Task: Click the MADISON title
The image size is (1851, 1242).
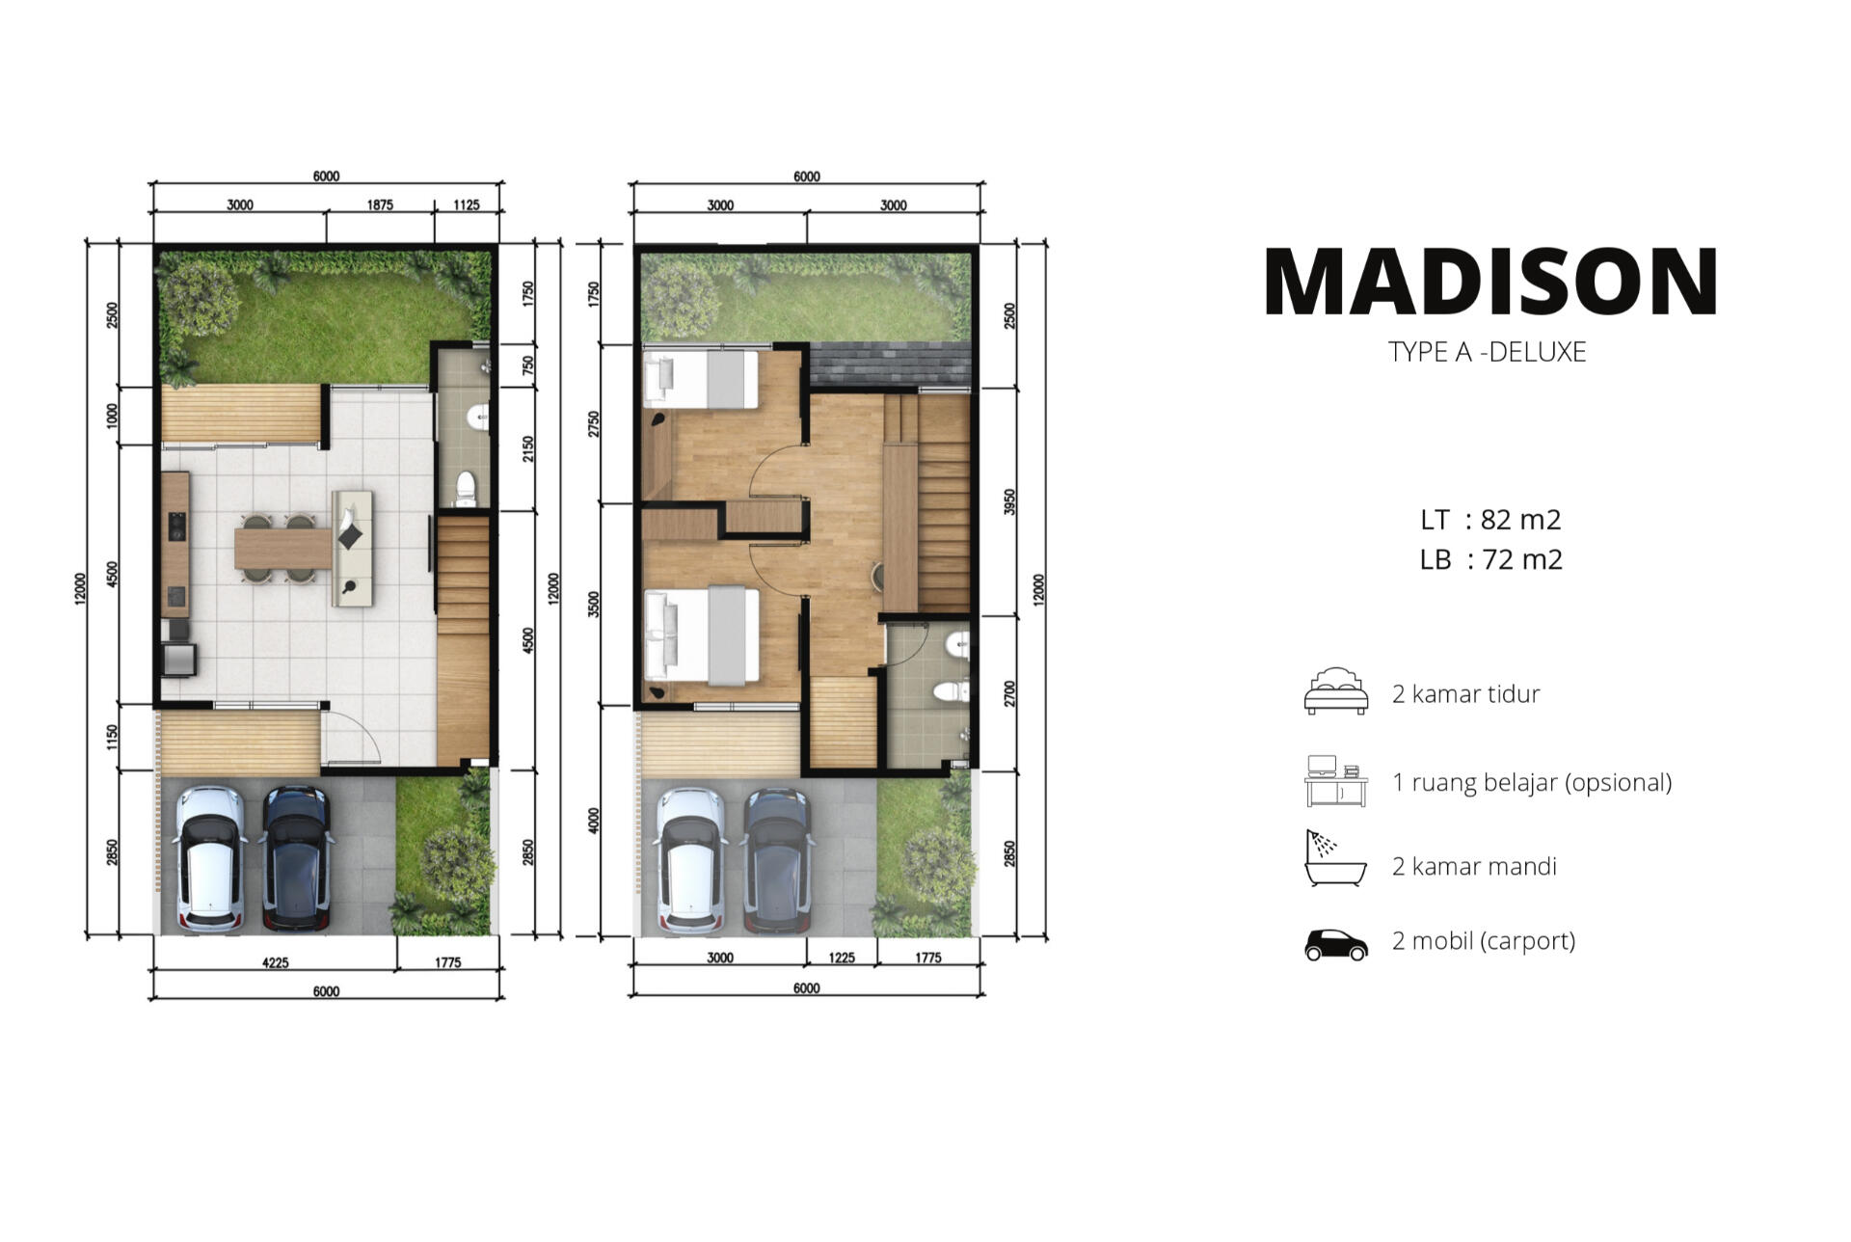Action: pos(1490,282)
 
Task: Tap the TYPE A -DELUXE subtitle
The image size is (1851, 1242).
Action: pos(1487,352)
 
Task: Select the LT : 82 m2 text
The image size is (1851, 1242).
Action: pos(1490,520)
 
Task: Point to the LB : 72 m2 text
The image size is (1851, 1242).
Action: pos(1490,559)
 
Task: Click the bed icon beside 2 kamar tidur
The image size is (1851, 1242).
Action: pos(1336,690)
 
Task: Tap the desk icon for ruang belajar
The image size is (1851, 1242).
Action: pos(1336,781)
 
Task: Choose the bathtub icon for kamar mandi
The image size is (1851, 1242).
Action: pos(1335,858)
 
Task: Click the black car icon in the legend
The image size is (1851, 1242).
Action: pos(1336,945)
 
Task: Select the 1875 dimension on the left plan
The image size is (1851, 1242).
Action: pos(380,204)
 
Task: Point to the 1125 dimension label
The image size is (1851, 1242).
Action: pos(467,204)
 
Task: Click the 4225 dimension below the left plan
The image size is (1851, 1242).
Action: pos(276,962)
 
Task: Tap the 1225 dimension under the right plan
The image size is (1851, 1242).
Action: pos(842,958)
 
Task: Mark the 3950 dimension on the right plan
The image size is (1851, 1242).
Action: pos(1009,501)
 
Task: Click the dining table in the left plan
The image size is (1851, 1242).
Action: pos(283,549)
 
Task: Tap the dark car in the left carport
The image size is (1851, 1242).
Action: pos(297,858)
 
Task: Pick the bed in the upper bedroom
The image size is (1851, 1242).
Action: pos(701,379)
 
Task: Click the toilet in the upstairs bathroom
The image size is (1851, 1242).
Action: pos(951,691)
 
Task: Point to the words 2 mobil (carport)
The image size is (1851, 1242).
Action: pos(1484,941)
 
